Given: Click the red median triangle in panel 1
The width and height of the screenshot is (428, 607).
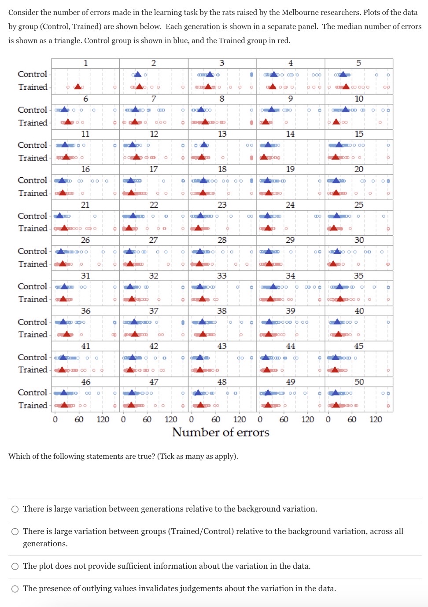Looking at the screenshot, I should pos(78,87).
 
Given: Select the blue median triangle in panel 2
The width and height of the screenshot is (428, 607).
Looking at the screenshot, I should pos(137,74).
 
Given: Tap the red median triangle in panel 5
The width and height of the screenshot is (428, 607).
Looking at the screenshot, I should pos(346,87).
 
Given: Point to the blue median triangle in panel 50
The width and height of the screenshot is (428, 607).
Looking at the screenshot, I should pos(336,392).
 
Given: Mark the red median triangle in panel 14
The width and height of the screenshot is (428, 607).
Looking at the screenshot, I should pos(264,157).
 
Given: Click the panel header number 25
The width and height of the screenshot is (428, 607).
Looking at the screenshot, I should pos(359,205).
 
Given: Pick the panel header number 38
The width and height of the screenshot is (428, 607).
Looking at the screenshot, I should pos(222,311).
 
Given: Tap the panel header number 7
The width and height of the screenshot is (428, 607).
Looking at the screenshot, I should pos(154,99).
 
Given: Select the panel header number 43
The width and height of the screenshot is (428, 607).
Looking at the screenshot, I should pos(222,346).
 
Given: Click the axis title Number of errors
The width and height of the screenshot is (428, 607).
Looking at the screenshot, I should pos(221,432).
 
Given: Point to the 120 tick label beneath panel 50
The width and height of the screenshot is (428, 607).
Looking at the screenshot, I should pos(376,419).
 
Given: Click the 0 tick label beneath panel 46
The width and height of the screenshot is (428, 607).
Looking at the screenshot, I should pos(55,419).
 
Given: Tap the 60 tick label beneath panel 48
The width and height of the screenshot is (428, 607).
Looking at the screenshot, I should pos(216,419).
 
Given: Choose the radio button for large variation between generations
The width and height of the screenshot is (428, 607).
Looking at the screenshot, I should pos(15,509).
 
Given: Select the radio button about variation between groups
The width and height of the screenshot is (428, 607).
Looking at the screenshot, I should pos(15,532).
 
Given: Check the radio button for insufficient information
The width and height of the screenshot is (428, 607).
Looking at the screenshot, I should pos(15,567).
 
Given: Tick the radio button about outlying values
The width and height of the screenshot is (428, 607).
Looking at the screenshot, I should pos(15,589).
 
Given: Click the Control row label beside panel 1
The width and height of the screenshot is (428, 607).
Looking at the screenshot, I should pos(33,74).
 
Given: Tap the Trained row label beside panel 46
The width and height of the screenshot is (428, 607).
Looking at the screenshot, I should pos(33,405).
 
